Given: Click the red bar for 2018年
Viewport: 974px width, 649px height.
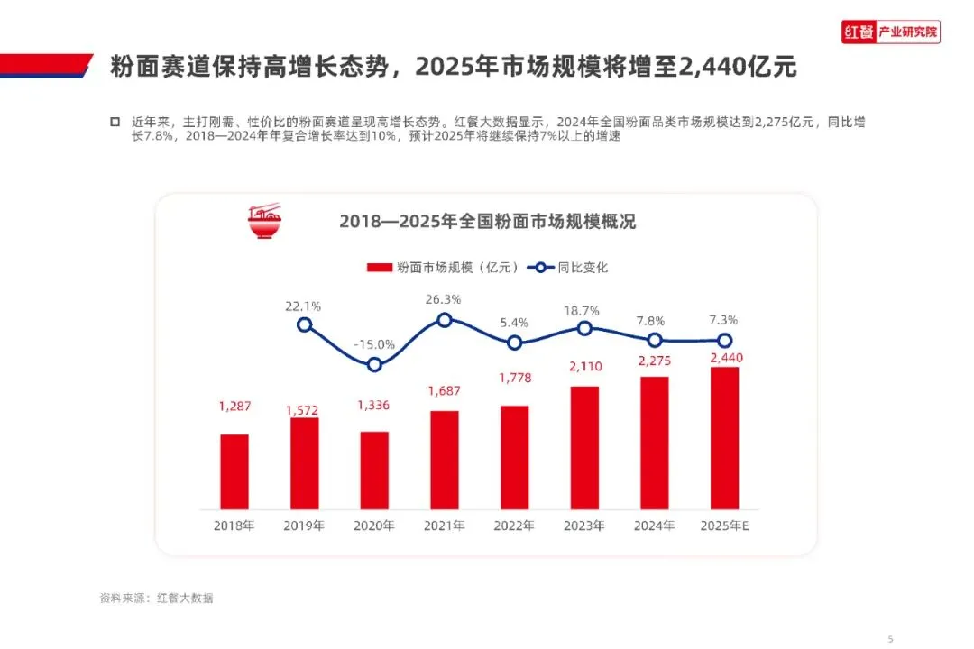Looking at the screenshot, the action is [x=234, y=472].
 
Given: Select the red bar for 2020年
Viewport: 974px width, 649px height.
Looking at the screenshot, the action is [x=374, y=471].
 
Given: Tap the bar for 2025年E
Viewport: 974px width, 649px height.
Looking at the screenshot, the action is [x=725, y=438].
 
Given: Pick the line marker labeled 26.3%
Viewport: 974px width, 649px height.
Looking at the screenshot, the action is [x=444, y=321].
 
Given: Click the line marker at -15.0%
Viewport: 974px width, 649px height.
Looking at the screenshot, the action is [x=374, y=365].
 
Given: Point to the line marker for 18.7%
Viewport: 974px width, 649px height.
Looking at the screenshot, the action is [x=584, y=328].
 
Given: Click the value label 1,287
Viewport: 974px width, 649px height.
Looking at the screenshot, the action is [x=234, y=407].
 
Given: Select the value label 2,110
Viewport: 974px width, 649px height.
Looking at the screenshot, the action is [x=586, y=367].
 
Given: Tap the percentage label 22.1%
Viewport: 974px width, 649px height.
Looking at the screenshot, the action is [x=303, y=306].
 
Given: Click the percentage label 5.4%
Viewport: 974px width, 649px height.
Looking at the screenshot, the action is [x=514, y=323].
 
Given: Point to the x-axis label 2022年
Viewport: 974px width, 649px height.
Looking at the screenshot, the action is [x=514, y=526].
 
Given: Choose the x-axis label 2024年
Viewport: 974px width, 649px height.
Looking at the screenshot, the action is [x=654, y=526].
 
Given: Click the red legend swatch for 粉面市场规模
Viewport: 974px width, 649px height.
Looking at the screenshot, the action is [x=380, y=268].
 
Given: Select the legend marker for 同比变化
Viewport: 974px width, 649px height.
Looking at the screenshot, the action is [x=540, y=268].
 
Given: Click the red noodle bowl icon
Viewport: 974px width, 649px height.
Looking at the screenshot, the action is [x=264, y=221].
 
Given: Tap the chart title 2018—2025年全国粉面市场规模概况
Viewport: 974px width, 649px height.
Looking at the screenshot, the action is [x=488, y=222].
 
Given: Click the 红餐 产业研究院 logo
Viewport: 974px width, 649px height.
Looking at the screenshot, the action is [x=891, y=32].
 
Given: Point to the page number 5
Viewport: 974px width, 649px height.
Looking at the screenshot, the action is [x=891, y=639].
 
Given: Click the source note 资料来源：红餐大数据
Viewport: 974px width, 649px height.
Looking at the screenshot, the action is [x=157, y=599].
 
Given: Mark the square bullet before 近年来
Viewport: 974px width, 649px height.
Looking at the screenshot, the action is [x=115, y=122].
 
